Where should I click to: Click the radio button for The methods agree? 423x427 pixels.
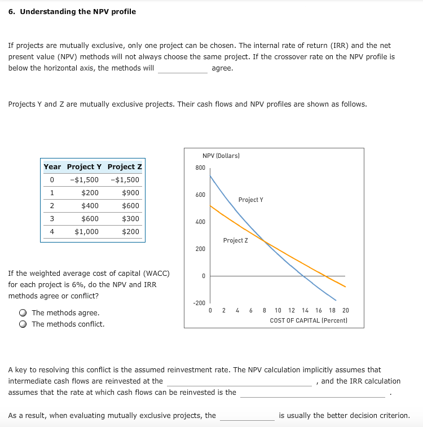tap(23, 313)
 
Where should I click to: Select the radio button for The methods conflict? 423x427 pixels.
tap(23, 324)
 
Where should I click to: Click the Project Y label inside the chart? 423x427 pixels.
tap(250, 200)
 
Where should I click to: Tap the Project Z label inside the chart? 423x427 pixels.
tap(235, 240)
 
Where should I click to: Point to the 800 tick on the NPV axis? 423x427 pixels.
tap(200, 168)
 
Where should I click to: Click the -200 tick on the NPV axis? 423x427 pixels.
tap(199, 303)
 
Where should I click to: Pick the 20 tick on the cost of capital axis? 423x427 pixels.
tap(346, 310)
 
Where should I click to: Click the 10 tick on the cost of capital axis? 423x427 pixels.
tap(278, 310)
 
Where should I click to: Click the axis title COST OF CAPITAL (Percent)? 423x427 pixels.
tap(309, 320)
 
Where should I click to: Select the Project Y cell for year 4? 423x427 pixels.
tap(86, 232)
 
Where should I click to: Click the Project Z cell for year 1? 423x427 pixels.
tap(130, 193)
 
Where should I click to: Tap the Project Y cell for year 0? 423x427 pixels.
tap(84, 180)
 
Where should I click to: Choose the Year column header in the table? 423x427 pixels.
tap(52, 167)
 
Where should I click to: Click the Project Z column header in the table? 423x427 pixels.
tap(125, 167)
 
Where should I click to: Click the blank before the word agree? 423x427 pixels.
tap(182, 69)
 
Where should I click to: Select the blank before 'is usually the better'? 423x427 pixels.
tap(247, 416)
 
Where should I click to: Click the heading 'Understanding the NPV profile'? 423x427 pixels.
tap(78, 11)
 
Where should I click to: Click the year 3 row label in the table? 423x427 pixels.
tap(51, 219)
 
